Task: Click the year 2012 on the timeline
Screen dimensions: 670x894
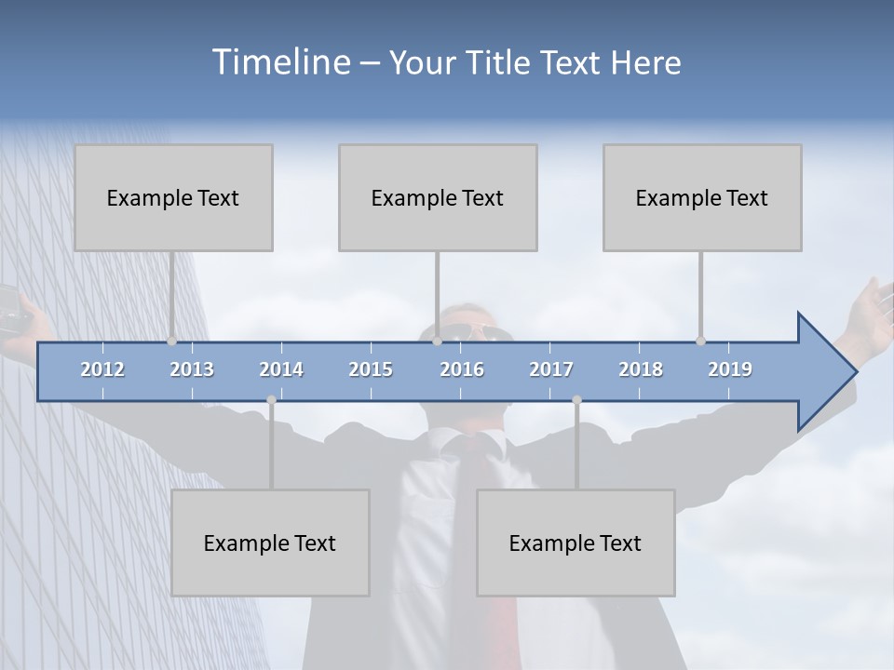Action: pyautogui.click(x=102, y=369)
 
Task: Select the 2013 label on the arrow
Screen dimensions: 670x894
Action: pyautogui.click(x=192, y=369)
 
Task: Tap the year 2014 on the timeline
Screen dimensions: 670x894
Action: pyautogui.click(x=281, y=369)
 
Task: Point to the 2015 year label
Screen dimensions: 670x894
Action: pyautogui.click(x=371, y=369)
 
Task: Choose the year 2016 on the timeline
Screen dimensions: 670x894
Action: pyautogui.click(x=462, y=369)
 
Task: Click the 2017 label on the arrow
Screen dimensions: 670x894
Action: pyautogui.click(x=551, y=369)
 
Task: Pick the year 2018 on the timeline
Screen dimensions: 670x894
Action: pyautogui.click(x=641, y=369)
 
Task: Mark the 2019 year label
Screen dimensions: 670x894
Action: pyautogui.click(x=730, y=369)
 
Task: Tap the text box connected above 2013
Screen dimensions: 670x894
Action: pyautogui.click(x=173, y=197)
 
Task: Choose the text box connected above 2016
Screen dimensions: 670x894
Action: pyautogui.click(x=438, y=197)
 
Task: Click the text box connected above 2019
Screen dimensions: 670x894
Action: pyautogui.click(x=702, y=197)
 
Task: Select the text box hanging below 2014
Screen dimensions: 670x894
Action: pyautogui.click(x=270, y=543)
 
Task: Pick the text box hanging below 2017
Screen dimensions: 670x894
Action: pyautogui.click(x=576, y=543)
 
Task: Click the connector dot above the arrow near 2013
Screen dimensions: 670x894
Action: pyautogui.click(x=171, y=342)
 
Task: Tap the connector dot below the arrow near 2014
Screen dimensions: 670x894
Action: pyautogui.click(x=271, y=400)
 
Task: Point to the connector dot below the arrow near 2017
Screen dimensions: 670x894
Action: pyautogui.click(x=576, y=400)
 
